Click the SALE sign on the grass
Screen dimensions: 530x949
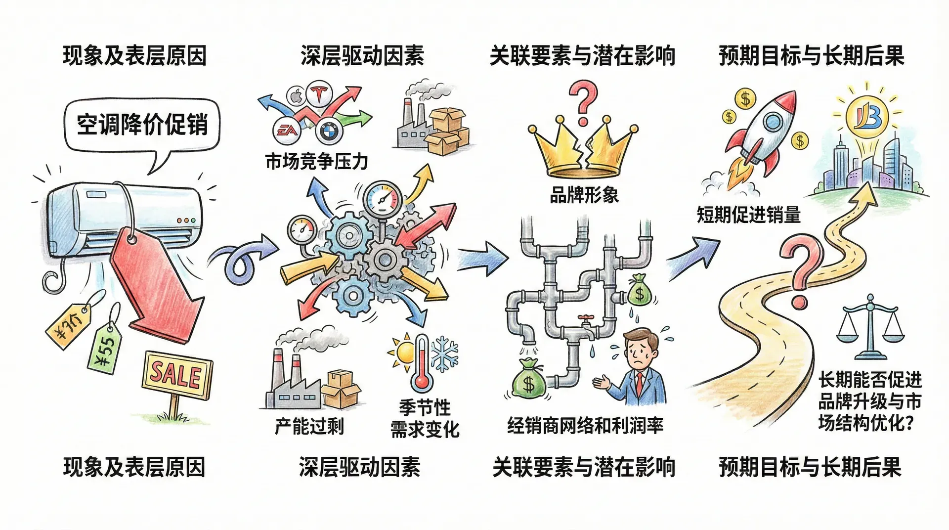tap(177, 375)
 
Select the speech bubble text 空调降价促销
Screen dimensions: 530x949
tap(142, 124)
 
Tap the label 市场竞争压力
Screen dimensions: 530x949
tap(316, 162)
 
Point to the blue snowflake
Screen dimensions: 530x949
tap(445, 353)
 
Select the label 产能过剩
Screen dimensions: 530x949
tap(309, 426)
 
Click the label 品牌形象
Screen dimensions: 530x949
tap(584, 195)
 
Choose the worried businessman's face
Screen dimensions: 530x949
tap(642, 351)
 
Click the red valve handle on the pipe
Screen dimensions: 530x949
tap(586, 318)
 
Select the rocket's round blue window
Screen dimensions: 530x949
tap(772, 122)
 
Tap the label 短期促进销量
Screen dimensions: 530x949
tap(748, 215)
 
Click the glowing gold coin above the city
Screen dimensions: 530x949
tap(867, 117)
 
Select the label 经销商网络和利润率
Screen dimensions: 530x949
tap(585, 425)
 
